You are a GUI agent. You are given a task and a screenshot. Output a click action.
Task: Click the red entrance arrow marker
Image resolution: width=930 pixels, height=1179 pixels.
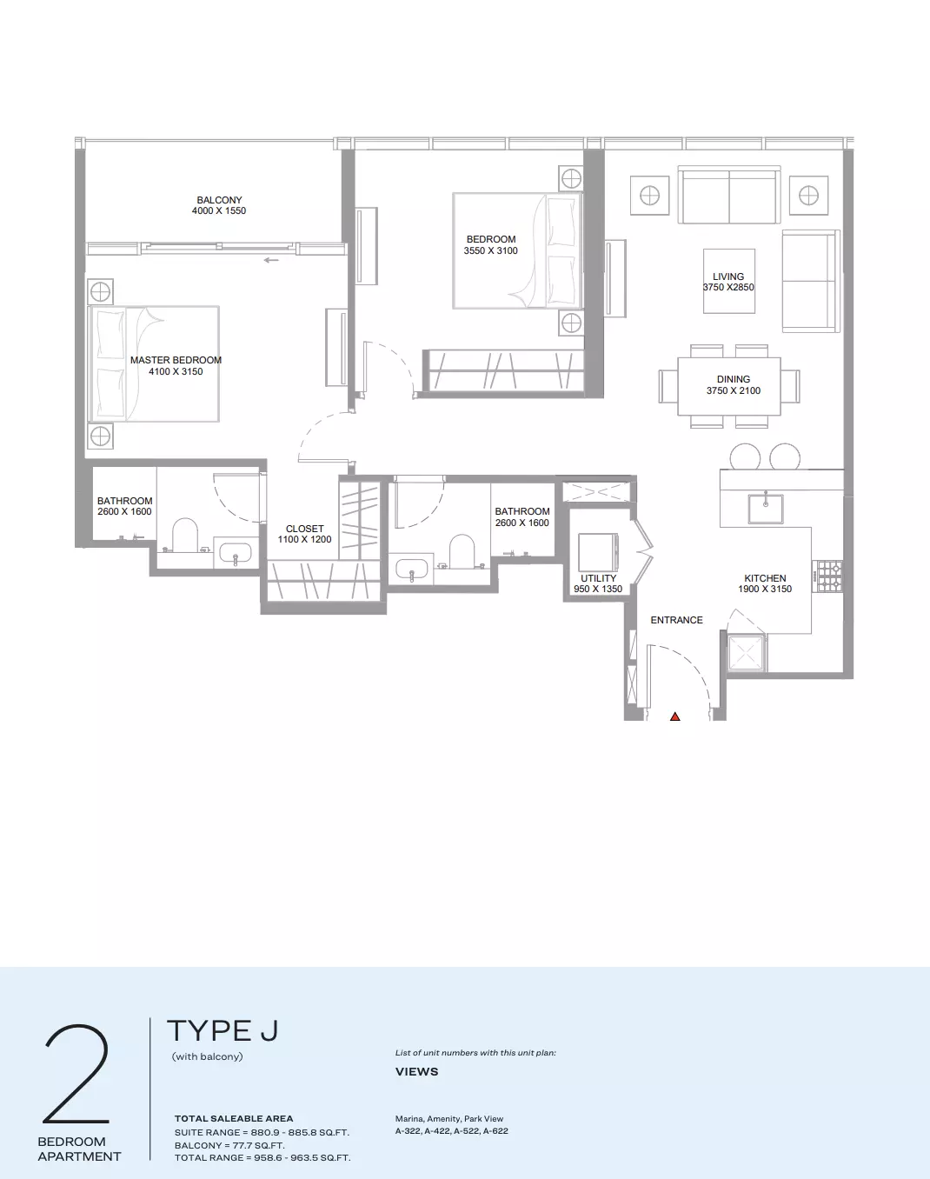click(x=674, y=716)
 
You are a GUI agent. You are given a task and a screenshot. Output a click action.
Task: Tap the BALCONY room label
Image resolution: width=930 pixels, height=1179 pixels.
click(x=219, y=200)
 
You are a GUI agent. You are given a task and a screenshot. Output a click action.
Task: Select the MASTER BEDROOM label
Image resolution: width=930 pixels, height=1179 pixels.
click(x=176, y=360)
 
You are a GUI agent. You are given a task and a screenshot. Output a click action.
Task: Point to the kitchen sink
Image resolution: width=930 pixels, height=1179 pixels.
click(x=766, y=509)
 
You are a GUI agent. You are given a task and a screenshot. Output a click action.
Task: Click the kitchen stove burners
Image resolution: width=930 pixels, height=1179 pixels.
click(x=827, y=576)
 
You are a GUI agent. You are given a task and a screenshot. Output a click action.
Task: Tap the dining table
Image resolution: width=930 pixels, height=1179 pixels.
click(x=729, y=386)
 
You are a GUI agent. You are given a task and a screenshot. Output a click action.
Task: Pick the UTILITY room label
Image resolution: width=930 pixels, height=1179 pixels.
click(x=599, y=578)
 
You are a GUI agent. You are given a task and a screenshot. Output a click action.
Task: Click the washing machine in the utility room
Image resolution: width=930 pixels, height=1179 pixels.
click(x=598, y=552)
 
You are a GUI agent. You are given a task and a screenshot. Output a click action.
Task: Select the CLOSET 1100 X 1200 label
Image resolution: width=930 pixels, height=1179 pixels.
click(x=304, y=534)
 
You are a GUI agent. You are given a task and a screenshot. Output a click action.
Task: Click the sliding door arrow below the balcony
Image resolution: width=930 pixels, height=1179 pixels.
click(x=271, y=260)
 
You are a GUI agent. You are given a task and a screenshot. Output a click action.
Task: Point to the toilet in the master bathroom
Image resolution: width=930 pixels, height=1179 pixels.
click(x=184, y=536)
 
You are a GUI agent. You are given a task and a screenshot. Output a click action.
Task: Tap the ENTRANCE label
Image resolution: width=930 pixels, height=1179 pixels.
click(x=676, y=620)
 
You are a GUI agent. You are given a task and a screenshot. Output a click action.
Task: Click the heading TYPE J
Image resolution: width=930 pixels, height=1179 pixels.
click(x=223, y=1030)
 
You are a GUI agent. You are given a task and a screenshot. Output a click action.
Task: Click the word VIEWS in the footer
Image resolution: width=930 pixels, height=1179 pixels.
click(x=417, y=1071)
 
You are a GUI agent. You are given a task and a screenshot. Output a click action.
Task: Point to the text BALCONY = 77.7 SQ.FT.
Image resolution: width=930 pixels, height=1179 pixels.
click(x=229, y=1145)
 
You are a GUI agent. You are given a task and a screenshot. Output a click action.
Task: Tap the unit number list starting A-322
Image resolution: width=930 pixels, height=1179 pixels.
click(x=452, y=1131)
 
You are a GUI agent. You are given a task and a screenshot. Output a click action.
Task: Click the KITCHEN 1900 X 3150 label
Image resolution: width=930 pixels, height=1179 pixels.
click(x=765, y=583)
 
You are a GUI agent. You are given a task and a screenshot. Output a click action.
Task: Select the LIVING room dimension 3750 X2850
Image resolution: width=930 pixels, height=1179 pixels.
click(x=728, y=287)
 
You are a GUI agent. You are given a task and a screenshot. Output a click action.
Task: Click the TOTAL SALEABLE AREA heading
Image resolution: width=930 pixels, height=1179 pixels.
click(x=234, y=1118)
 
